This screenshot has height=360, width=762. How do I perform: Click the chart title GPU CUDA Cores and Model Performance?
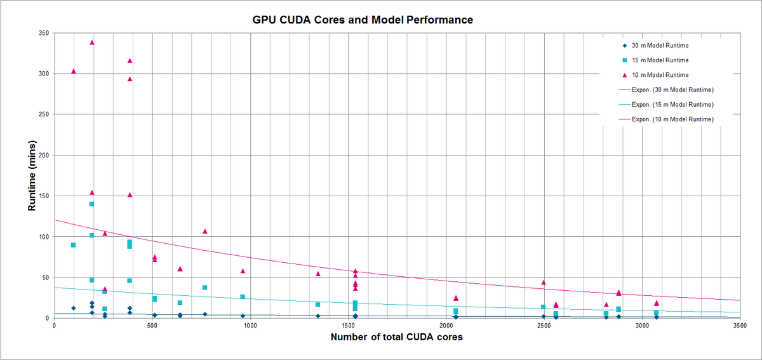click(x=362, y=20)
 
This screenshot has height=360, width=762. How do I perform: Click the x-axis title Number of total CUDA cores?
click(x=396, y=337)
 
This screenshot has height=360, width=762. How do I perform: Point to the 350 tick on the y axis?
click(x=45, y=32)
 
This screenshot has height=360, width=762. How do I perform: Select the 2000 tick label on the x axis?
click(x=446, y=325)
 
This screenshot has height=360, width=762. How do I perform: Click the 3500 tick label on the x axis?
click(x=739, y=325)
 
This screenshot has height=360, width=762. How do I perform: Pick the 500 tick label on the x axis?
click(x=152, y=325)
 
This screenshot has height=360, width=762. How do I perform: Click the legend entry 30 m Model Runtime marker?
click(x=625, y=45)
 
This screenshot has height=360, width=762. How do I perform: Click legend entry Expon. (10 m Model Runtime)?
click(x=672, y=119)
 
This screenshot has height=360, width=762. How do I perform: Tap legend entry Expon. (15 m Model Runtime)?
click(x=672, y=104)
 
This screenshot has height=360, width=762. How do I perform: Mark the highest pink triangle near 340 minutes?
click(x=92, y=43)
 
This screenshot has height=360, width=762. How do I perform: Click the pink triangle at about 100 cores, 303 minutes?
click(x=74, y=71)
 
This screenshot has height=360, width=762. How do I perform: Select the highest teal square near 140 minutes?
click(x=91, y=204)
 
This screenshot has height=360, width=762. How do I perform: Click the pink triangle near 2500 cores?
click(x=544, y=283)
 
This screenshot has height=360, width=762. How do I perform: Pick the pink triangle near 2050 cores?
click(x=456, y=298)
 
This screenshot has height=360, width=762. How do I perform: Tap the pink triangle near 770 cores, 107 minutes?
click(x=205, y=231)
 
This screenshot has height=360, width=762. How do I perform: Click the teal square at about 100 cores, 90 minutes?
click(x=74, y=245)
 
